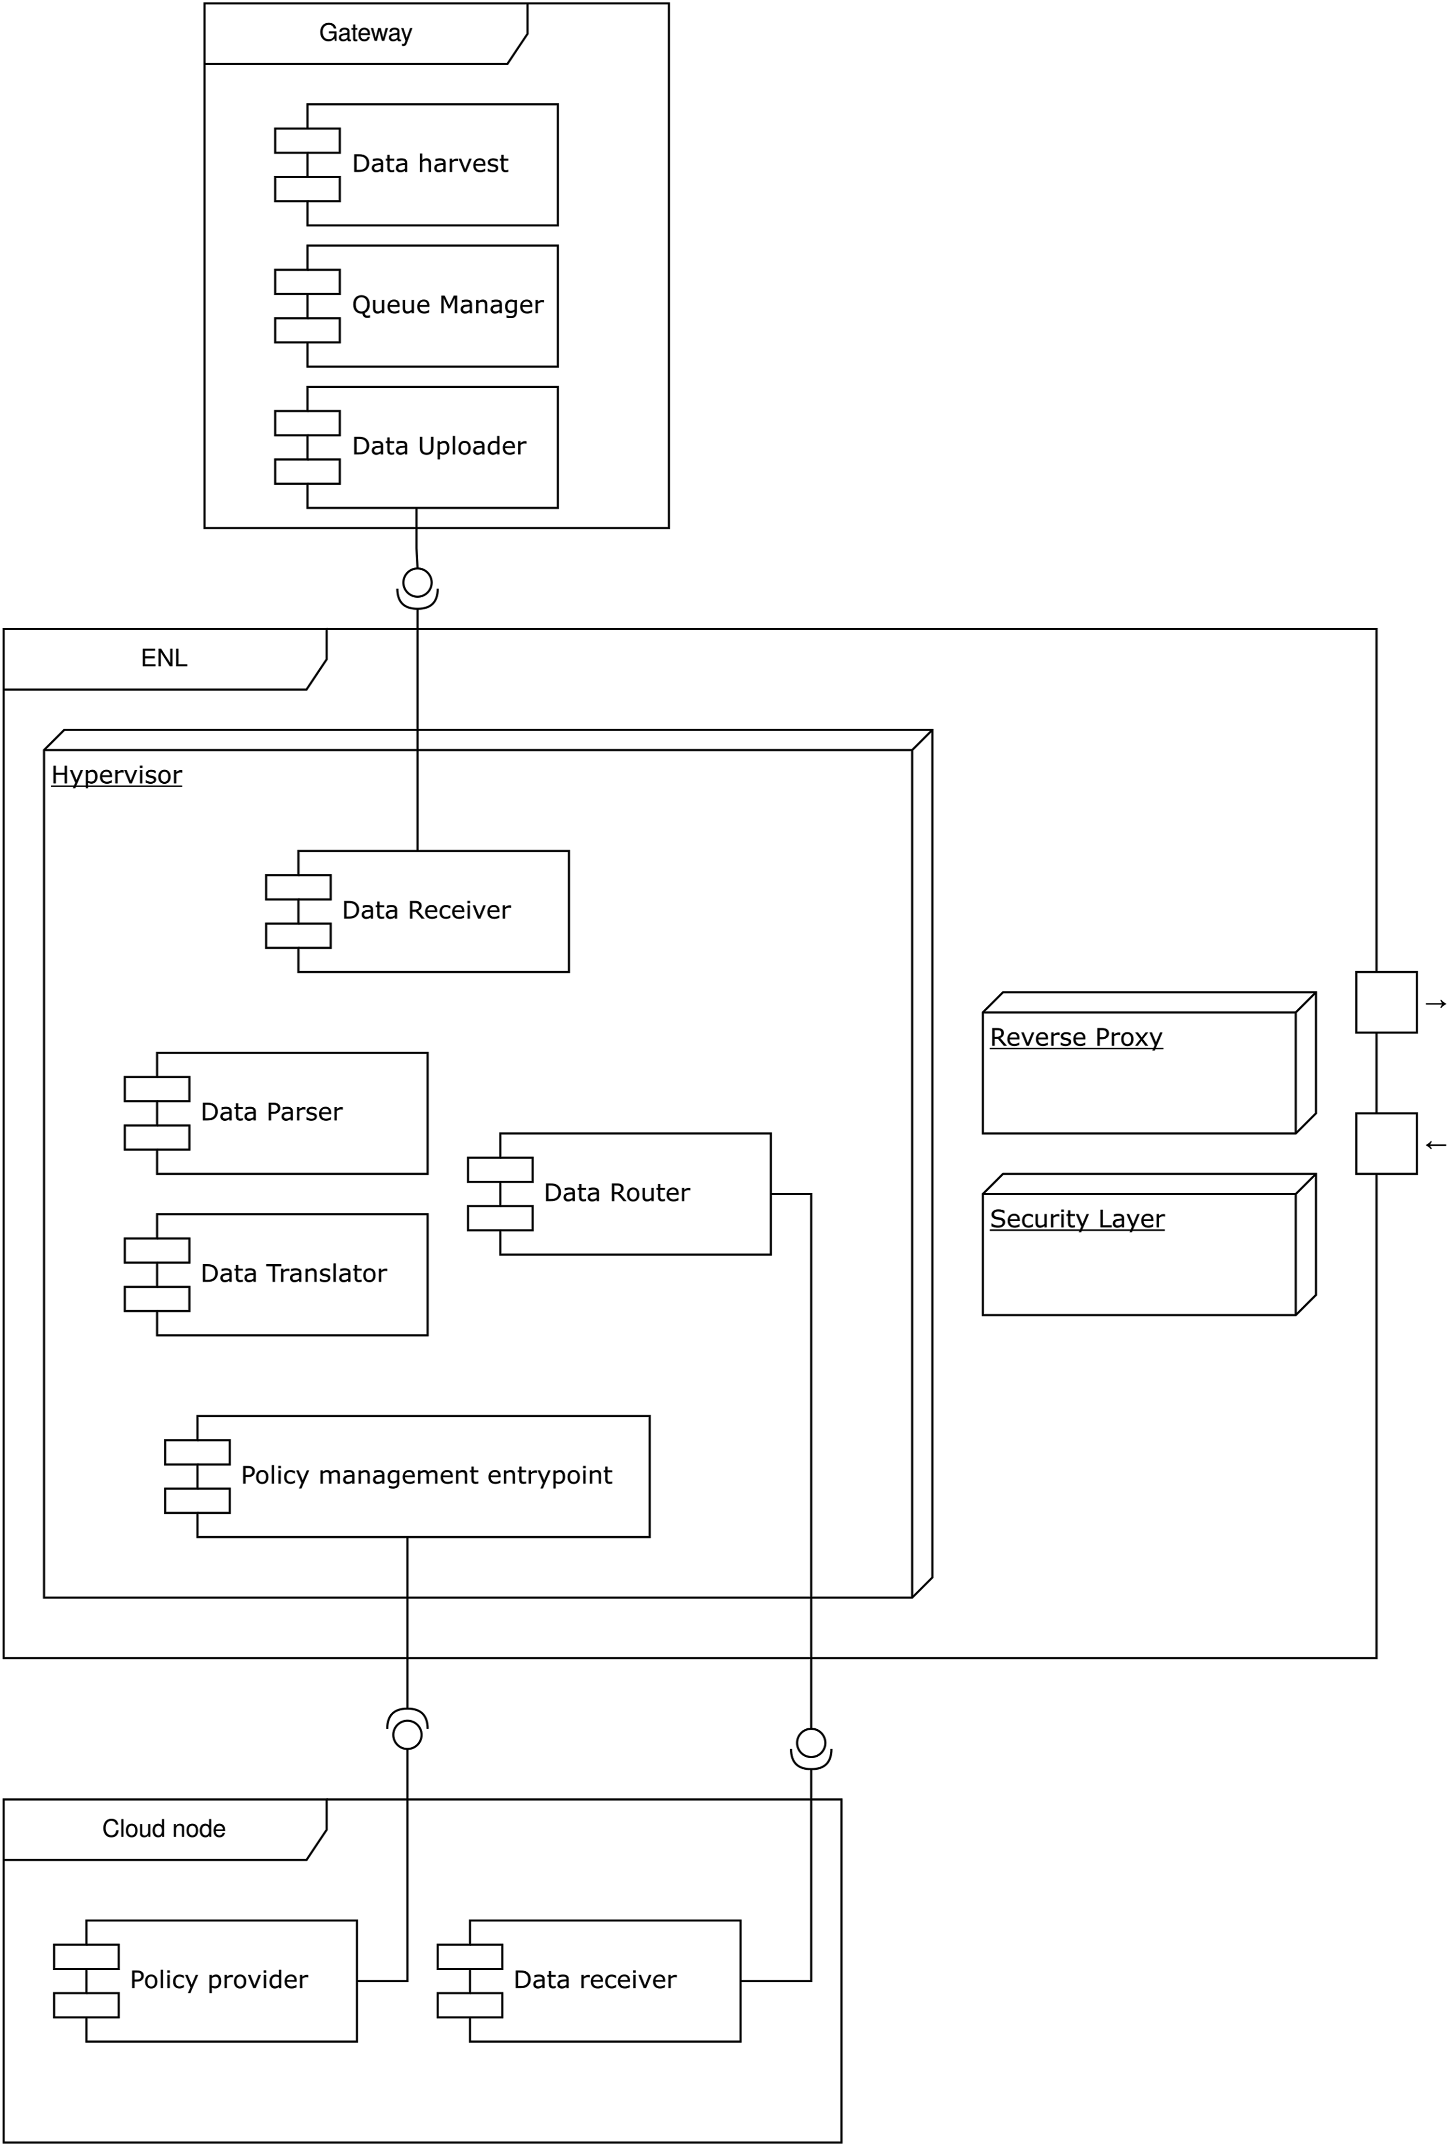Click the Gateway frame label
click(x=366, y=33)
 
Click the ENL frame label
click(x=164, y=658)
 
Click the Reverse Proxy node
click(x=1149, y=1063)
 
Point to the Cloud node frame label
click(x=164, y=1829)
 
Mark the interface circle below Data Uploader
click(x=417, y=583)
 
